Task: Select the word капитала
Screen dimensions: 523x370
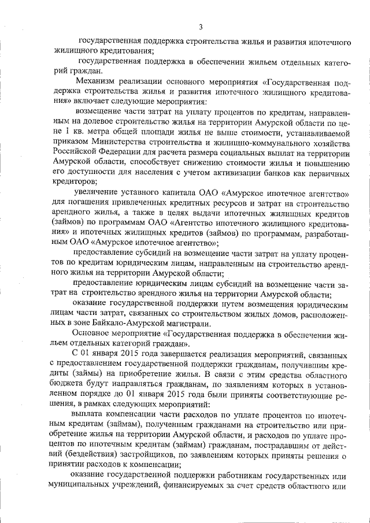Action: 181,193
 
